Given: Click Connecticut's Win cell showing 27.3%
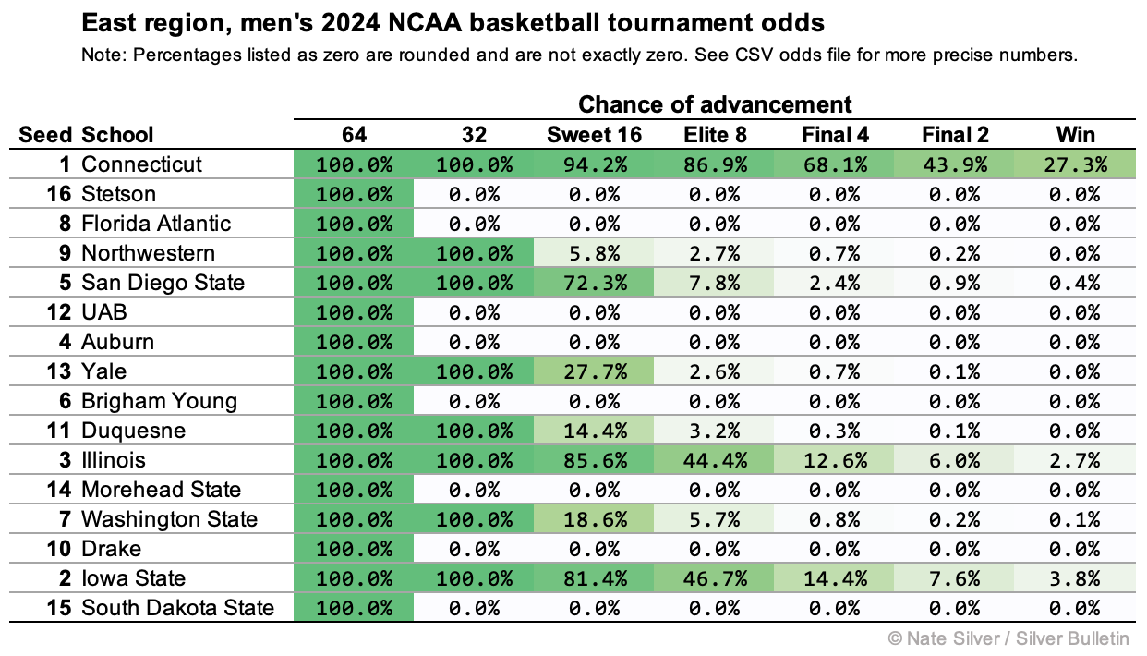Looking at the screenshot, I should [x=1075, y=164].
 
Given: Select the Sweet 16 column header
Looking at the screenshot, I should [x=594, y=135].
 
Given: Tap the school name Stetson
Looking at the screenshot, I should [x=118, y=194].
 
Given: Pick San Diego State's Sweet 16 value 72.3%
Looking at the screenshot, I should [x=594, y=283].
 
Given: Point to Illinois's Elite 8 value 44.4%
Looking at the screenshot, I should [x=715, y=460].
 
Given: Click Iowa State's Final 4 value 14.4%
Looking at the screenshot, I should [x=835, y=578].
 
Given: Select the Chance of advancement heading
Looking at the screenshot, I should [x=715, y=103].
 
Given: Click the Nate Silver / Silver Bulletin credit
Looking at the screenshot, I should [x=1010, y=638].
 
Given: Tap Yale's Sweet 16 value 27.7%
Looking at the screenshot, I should [x=594, y=371].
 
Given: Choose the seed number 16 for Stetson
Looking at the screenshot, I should [x=58, y=194].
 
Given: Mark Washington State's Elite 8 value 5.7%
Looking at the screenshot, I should [x=715, y=519].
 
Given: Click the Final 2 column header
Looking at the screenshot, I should [x=955, y=135].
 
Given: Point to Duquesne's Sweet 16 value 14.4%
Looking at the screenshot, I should [x=594, y=431].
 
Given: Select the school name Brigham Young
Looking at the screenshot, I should [x=159, y=401].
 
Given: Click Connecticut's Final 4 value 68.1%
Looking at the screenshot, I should [x=835, y=164].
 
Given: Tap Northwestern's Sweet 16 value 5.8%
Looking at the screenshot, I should [x=594, y=253].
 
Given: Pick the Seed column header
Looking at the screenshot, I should [x=44, y=135].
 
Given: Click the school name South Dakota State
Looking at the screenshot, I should [x=177, y=608].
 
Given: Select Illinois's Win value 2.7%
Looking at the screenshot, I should [x=1075, y=460].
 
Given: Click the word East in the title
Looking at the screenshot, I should [x=104, y=21].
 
